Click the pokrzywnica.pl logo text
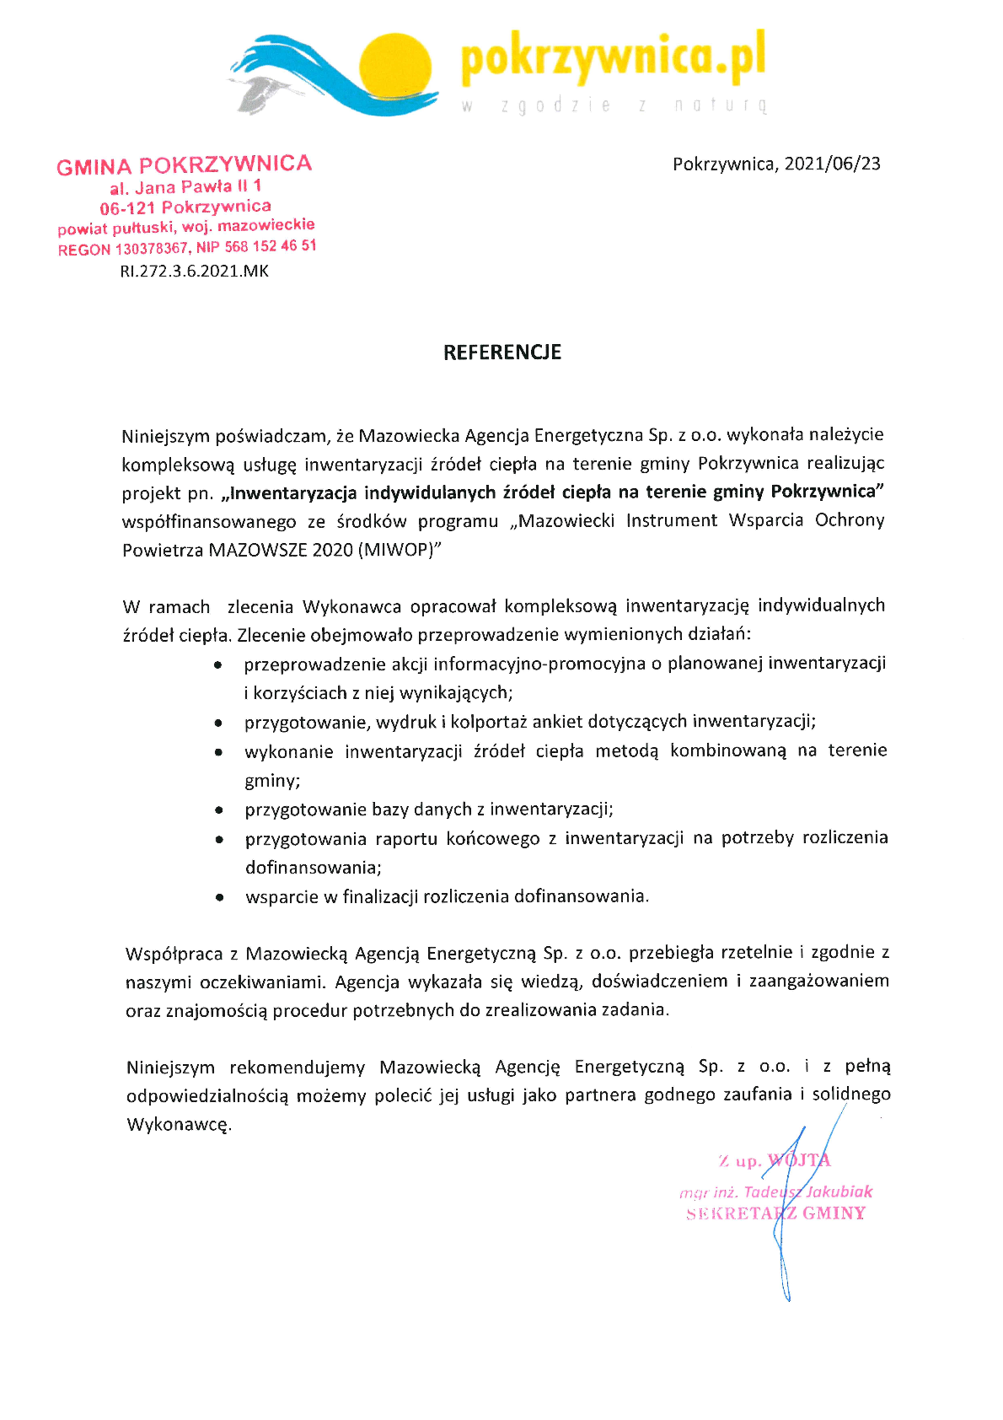pyautogui.click(x=613, y=57)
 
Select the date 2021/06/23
pyautogui.click(x=832, y=164)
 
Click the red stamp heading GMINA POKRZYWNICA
pyautogui.click(x=184, y=164)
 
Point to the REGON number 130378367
pyautogui.click(x=151, y=249)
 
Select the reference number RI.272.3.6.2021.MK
pyautogui.click(x=194, y=272)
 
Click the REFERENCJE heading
pyautogui.click(x=502, y=352)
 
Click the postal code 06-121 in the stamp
pyautogui.click(x=127, y=208)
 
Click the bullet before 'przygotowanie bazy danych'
pyautogui.click(x=219, y=810)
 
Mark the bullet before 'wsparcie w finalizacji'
pyautogui.click(x=219, y=898)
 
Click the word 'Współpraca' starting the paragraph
pyautogui.click(x=174, y=954)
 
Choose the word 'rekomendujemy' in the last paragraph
pyautogui.click(x=297, y=1068)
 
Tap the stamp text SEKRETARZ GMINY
pyautogui.click(x=775, y=1213)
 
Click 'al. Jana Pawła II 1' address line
pyautogui.click(x=185, y=186)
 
